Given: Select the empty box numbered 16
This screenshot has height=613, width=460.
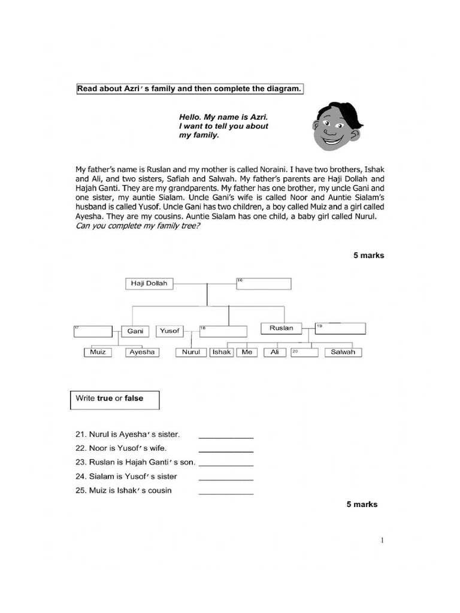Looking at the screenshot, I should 264,284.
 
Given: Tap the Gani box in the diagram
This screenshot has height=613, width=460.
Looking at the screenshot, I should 135,331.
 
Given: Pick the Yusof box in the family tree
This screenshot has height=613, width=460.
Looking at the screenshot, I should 170,331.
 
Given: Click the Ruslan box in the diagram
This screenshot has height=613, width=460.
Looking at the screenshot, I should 282,328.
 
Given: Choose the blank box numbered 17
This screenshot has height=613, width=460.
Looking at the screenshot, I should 93,331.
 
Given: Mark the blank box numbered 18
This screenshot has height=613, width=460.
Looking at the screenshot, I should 223,331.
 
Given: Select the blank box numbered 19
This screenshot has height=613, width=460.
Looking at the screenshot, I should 340,328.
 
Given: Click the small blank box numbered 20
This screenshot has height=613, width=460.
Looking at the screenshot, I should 304,353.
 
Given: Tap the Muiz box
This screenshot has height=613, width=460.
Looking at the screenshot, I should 98,353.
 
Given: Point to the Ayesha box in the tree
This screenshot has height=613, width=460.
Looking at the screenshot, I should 143,353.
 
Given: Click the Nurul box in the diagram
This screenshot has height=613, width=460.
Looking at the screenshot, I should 192,353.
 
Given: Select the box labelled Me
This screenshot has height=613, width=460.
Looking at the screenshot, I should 247,353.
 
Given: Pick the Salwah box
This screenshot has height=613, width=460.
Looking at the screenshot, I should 343,353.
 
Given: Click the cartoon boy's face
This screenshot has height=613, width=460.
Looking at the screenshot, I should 337,127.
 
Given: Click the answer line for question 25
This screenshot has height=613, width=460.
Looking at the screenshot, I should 226,493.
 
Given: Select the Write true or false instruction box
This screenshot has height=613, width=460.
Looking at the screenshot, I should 115,399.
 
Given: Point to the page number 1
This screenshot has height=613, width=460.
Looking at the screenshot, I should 382,541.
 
